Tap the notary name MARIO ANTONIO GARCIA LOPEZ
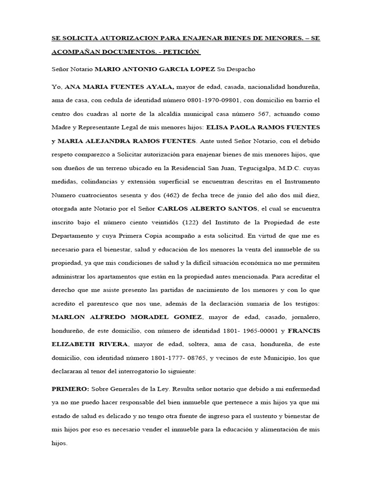pyautogui.click(x=155, y=70)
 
